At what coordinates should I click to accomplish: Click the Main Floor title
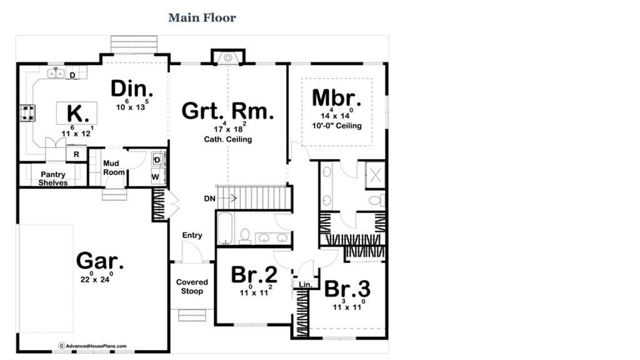coord(202,17)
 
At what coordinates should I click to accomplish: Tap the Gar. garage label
coord(99,261)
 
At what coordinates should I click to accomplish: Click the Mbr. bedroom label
coord(337,98)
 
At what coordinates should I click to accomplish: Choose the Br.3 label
coord(347,289)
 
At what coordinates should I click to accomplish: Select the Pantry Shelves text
coord(53,179)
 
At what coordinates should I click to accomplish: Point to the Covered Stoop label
coord(192,286)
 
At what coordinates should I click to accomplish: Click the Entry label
coord(192,235)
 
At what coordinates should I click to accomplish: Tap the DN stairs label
coord(210,199)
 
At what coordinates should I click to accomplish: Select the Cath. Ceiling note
coord(227,139)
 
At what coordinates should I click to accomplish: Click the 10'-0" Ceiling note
coord(337,126)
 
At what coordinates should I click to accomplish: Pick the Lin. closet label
coord(305,284)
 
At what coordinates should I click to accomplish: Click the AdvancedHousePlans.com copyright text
coord(92,346)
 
